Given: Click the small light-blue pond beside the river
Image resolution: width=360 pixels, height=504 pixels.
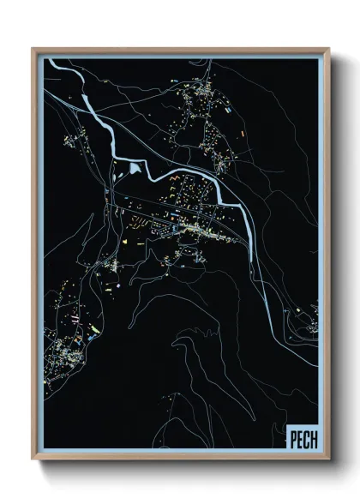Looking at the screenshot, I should pyautogui.click(x=135, y=169).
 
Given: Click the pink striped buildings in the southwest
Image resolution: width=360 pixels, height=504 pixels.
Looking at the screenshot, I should pyautogui.click(x=75, y=319).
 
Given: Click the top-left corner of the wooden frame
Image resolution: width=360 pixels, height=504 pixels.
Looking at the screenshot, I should pyautogui.click(x=33, y=48).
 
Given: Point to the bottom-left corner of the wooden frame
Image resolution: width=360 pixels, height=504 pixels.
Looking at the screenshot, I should pyautogui.click(x=33, y=460).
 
